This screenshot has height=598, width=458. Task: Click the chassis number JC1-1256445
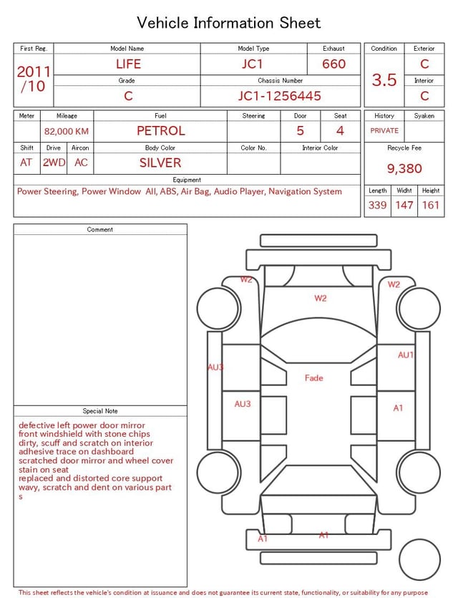[x=280, y=96]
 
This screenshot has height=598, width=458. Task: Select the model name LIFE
[x=128, y=64]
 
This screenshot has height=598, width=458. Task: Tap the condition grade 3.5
[x=384, y=79]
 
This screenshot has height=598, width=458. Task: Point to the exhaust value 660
[x=333, y=64]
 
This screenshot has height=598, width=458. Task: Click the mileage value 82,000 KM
[x=67, y=131]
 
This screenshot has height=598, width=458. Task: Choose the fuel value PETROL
[x=161, y=131]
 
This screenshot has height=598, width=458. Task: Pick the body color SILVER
[x=160, y=163]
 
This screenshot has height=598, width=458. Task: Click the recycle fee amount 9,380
[x=404, y=168]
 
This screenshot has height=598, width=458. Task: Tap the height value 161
[x=431, y=205]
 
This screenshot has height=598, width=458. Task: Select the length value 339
[x=377, y=205]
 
